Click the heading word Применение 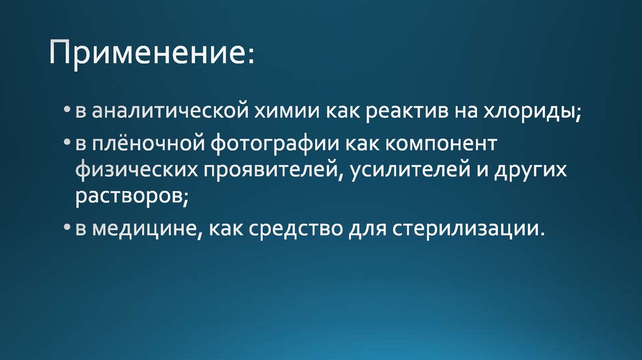pyautogui.click(x=149, y=55)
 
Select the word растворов pyautogui.click(x=130, y=198)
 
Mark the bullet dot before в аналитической pyautogui.click(x=67, y=112)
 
